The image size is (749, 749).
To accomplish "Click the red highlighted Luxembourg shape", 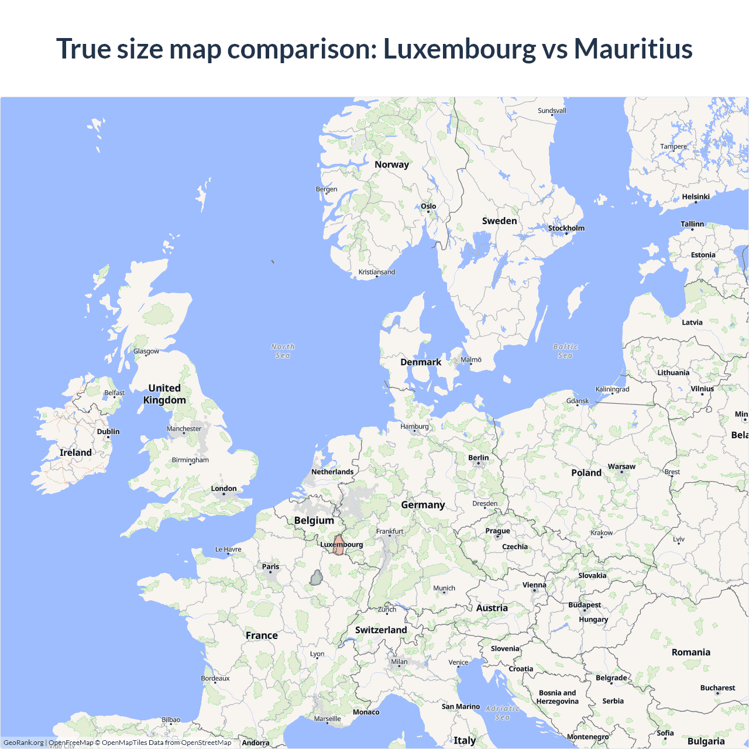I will (338, 545).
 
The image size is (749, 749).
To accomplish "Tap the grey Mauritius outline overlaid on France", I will (316, 578).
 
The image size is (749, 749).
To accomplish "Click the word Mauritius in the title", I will (633, 49).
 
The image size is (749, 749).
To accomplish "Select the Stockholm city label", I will (566, 228).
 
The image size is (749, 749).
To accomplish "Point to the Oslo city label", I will (428, 206).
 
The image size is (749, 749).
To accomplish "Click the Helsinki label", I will (696, 197).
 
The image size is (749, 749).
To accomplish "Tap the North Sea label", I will (283, 351).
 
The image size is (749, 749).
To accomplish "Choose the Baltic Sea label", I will (565, 351).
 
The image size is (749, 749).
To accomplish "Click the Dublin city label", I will (108, 432).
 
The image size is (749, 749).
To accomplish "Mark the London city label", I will (224, 489).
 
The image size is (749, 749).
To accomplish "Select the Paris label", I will (270, 566).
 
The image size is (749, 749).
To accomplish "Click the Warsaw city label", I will (621, 466).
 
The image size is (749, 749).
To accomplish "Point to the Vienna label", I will (534, 585).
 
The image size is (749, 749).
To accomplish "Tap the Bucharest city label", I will (717, 688).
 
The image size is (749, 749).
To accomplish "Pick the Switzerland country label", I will (381, 630).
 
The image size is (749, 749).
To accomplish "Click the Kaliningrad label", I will (612, 389).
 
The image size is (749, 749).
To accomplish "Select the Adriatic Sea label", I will (503, 713).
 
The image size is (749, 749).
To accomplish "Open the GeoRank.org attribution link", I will (23, 743).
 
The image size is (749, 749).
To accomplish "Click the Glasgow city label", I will (146, 351).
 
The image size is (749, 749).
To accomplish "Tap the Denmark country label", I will (421, 362).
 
